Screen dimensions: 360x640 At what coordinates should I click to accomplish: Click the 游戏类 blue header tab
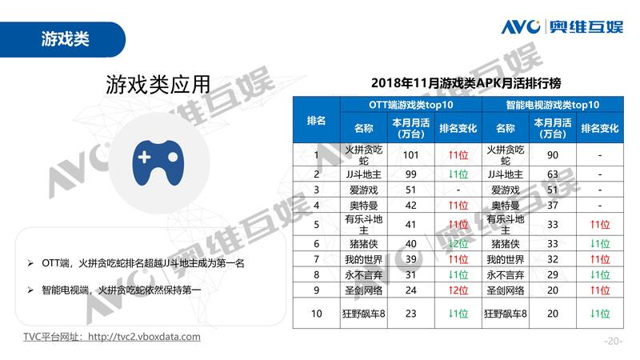[x=64, y=38]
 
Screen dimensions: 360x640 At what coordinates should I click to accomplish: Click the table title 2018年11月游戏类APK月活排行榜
[x=455, y=83]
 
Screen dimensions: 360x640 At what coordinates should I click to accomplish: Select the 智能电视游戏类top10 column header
[x=552, y=105]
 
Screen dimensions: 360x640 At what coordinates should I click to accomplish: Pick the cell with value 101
[x=411, y=154]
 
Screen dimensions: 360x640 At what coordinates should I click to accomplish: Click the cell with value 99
[x=411, y=174]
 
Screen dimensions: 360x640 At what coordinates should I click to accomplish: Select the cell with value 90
[x=551, y=154]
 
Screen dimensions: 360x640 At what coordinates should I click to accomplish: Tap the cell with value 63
[x=551, y=174]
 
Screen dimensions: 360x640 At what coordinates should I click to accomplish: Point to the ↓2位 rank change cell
[x=458, y=243]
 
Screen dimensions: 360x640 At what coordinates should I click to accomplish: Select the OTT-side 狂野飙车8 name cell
[x=364, y=314]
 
